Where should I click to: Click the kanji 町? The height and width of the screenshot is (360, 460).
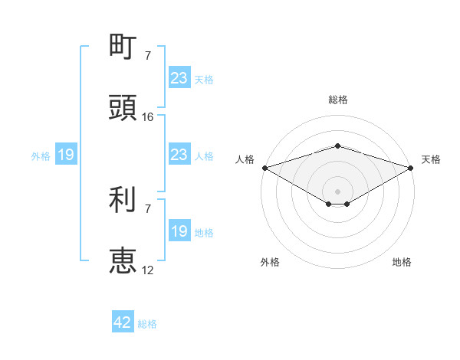click(123, 47)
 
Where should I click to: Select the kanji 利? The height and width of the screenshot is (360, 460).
click(123, 200)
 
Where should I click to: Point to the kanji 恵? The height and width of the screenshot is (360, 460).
click(123, 260)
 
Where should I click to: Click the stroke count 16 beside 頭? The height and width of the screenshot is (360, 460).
click(148, 117)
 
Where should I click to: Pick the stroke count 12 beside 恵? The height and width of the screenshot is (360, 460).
click(148, 270)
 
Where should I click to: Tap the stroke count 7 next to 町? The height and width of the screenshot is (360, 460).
click(147, 56)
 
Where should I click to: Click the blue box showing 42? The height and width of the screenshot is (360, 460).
click(123, 322)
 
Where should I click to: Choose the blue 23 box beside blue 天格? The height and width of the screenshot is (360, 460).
click(179, 78)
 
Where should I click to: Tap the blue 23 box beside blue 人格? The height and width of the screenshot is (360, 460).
click(179, 155)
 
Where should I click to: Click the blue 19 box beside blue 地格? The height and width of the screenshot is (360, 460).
click(179, 231)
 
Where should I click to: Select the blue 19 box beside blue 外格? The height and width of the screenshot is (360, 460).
click(66, 155)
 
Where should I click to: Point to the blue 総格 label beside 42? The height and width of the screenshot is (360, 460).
click(147, 324)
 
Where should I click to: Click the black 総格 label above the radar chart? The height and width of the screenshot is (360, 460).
click(337, 100)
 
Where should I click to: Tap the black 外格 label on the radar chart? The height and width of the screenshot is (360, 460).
click(270, 262)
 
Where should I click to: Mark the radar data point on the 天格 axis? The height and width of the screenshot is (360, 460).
click(412, 168)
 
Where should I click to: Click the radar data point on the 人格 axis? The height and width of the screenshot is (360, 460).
click(264, 168)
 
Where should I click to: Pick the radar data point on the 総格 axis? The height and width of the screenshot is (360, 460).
click(337, 146)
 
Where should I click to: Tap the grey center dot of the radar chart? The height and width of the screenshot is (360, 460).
click(337, 191)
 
